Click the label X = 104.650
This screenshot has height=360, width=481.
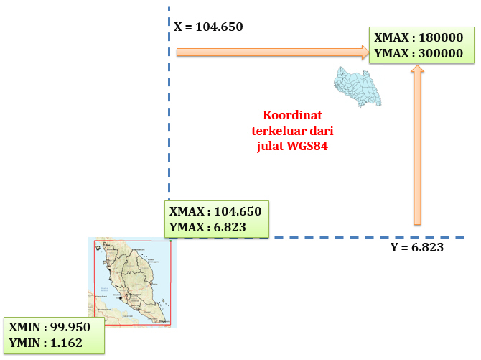pyautogui.click(x=209, y=27)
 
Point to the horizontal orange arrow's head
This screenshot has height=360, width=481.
pyautogui.click(x=364, y=52)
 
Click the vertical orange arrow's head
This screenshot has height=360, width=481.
pyautogui.click(x=417, y=70)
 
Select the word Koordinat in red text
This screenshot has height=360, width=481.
pyautogui.click(x=291, y=115)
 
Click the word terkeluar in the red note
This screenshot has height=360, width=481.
pyautogui.click(x=279, y=130)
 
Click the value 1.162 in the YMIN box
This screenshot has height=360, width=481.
pyautogui.click(x=68, y=342)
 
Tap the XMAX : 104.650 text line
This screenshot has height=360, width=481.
pyautogui.click(x=215, y=212)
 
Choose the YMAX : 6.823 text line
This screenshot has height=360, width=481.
pyautogui.click(x=208, y=227)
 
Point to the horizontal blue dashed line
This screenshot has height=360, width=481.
pyautogui.click(x=359, y=238)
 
